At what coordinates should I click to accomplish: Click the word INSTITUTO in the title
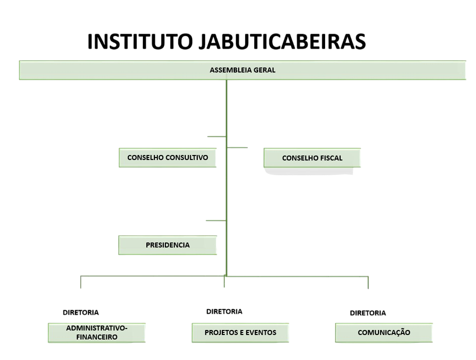pos(140,41)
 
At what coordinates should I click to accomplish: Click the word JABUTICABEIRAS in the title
pos(282,41)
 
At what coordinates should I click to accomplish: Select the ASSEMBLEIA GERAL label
pos(243,70)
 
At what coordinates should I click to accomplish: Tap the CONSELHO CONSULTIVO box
pos(167,157)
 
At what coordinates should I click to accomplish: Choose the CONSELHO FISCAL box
pos(312,158)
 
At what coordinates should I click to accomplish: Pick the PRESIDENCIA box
pos(167,245)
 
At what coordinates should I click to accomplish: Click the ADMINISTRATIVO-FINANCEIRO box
pos(97,332)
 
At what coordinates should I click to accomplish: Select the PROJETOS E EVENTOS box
pos(240,332)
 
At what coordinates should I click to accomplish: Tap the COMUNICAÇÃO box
pos(384,332)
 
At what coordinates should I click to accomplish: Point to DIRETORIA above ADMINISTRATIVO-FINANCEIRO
pos(81,312)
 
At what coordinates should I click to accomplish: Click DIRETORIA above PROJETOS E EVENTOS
pos(224,311)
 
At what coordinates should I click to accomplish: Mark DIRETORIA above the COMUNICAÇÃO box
pos(368,313)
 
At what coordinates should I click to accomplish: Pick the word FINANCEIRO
pos(97,337)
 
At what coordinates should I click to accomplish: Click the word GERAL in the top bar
pos(264,70)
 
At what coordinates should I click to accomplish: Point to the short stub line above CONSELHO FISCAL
pos(237,147)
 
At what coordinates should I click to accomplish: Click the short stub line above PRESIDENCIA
pos(216,220)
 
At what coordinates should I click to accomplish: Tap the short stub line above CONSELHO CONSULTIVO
pos(217,136)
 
